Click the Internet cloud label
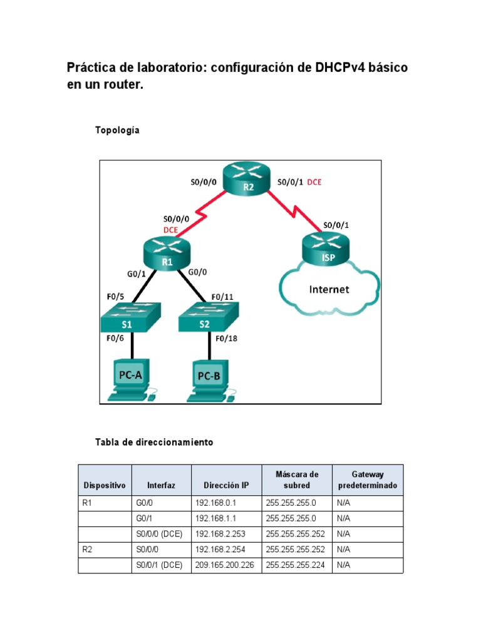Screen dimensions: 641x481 tap(329, 289)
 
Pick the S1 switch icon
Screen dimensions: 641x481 tap(130, 317)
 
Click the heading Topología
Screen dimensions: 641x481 tap(117, 130)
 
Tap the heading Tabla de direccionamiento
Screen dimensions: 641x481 tap(153, 442)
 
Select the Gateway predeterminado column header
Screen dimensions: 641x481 tap(367, 480)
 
